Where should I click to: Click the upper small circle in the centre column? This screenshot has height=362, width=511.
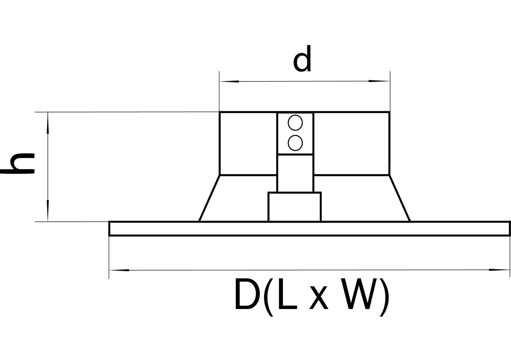pyautogui.click(x=295, y=123)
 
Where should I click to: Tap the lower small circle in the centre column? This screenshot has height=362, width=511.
pyautogui.click(x=295, y=143)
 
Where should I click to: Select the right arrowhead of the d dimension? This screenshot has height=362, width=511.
pyautogui.click(x=380, y=81)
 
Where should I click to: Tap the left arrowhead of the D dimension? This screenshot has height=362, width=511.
pyautogui.click(x=119, y=270)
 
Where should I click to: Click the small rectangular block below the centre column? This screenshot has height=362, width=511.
pyautogui.click(x=294, y=207)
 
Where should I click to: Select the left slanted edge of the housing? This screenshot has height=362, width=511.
pyautogui.click(x=209, y=198)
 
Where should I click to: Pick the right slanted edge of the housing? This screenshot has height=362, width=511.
pyautogui.click(x=400, y=198)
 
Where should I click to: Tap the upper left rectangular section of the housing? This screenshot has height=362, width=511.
pyautogui.click(x=248, y=143)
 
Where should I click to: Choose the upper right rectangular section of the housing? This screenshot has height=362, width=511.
pyautogui.click(x=351, y=143)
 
